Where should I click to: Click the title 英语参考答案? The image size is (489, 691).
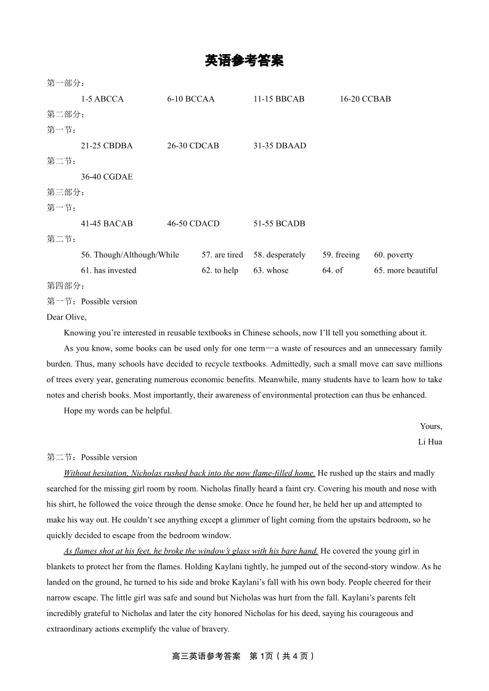[244, 61]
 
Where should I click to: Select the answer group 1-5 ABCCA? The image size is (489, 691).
[102, 99]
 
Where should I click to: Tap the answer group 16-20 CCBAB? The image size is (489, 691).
[365, 99]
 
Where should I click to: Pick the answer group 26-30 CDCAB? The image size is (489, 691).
[193, 146]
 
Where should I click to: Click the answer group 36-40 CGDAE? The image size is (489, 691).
[107, 177]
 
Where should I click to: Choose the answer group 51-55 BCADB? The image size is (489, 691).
[279, 224]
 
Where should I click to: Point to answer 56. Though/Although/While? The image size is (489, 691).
[130, 255]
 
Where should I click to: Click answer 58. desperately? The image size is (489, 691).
[279, 255]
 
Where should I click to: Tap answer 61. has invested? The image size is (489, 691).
[108, 271]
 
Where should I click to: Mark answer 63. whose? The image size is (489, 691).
[270, 271]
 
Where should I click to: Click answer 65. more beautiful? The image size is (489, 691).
[405, 271]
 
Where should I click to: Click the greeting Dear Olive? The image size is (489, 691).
[67, 318]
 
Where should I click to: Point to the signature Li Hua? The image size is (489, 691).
[430, 442]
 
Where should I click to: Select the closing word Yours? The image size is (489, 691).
[431, 426]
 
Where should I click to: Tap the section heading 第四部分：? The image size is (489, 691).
[66, 286]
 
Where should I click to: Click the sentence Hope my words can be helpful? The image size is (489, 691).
[118, 411]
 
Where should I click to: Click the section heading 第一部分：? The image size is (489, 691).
[66, 84]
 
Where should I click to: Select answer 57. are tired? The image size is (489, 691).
[222, 255]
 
